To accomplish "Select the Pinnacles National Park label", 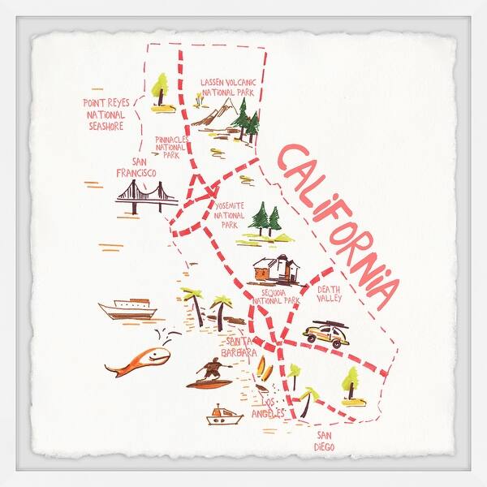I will [x=171, y=147].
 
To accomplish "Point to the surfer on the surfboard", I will [x=210, y=375].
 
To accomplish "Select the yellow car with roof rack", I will [x=326, y=334].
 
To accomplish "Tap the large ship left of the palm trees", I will [x=127, y=308].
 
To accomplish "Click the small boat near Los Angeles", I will [x=224, y=417].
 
